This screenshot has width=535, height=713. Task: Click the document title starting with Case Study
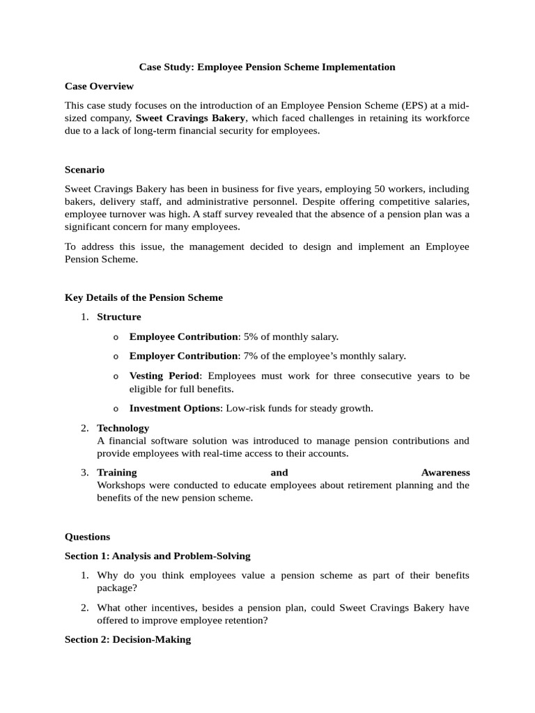[x=267, y=67]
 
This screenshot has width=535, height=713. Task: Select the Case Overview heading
[x=99, y=86]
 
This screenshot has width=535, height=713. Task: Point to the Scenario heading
[x=84, y=169]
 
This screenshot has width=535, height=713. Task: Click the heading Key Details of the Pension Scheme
[x=144, y=297]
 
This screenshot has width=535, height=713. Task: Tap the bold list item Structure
[x=118, y=317]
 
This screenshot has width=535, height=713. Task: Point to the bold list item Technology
[x=123, y=428]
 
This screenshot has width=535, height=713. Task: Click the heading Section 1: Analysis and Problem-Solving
[x=157, y=556]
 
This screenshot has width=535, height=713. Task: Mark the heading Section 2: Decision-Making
[x=127, y=639]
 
